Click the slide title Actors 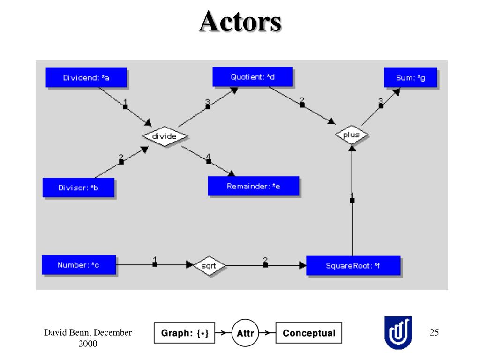(240, 22)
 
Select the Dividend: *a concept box (86, 77)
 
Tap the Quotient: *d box (253, 77)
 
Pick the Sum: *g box (411, 77)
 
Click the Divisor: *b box (78, 187)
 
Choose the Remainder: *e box (254, 186)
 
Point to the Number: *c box (79, 265)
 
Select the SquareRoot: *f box (353, 265)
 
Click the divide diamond (165, 136)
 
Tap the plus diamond (352, 135)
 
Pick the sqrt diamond (209, 266)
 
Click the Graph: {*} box (184, 333)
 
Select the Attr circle (245, 333)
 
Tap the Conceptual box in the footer (308, 333)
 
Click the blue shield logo (398, 333)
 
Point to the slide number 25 (434, 332)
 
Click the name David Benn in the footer (66, 332)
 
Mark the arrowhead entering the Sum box (397, 91)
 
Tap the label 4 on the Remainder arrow (208, 157)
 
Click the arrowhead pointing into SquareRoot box (302, 265)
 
